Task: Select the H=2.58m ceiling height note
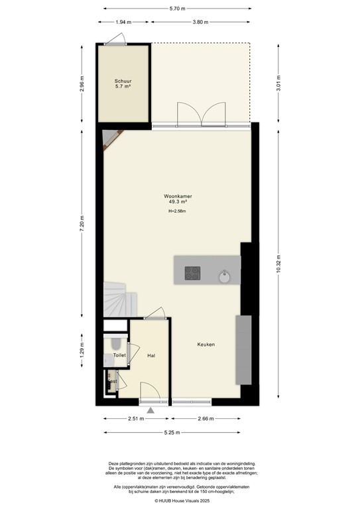tap(177, 211)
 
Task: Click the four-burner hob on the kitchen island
tap(193, 272)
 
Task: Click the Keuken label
tap(206, 345)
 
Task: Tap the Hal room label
tap(152, 356)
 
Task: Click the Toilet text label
tap(119, 356)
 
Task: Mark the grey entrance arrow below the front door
tap(151, 411)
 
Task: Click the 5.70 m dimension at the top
tap(177, 8)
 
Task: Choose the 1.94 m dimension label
tap(123, 22)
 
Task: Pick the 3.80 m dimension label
tap(202, 22)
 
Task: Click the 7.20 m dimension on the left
tap(82, 221)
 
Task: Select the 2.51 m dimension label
tap(136, 419)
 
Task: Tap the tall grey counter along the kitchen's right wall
tap(243, 350)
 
